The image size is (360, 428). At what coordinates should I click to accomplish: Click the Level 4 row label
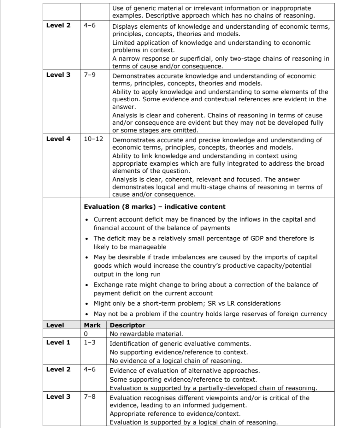tap(58, 139)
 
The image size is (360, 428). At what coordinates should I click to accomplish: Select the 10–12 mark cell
tap(93, 139)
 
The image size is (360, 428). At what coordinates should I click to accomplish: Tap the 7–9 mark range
tap(90, 75)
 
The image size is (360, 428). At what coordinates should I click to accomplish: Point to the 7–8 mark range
tap(90, 396)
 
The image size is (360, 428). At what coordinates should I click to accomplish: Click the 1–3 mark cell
tap(90, 342)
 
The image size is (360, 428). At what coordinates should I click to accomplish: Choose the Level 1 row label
tap(58, 342)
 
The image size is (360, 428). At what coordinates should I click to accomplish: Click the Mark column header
tap(92, 325)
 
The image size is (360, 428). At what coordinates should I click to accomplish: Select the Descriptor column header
tap(127, 325)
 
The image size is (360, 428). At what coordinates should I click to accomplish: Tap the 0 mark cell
tap(86, 334)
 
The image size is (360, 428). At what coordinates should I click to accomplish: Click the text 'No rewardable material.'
tap(146, 334)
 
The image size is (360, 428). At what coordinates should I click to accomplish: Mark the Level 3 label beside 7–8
tap(58, 396)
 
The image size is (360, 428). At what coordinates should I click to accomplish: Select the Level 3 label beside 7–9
tap(58, 75)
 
